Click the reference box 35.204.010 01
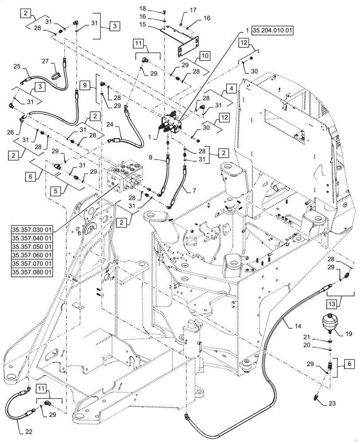[272, 31]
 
